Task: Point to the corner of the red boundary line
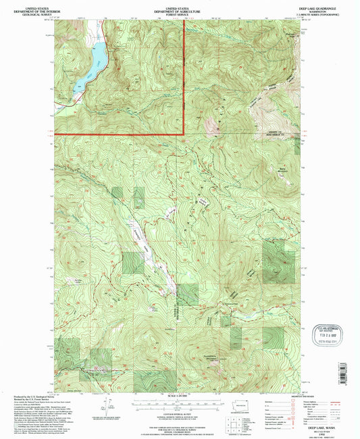(184, 134)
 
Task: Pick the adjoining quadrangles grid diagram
(234, 423)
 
